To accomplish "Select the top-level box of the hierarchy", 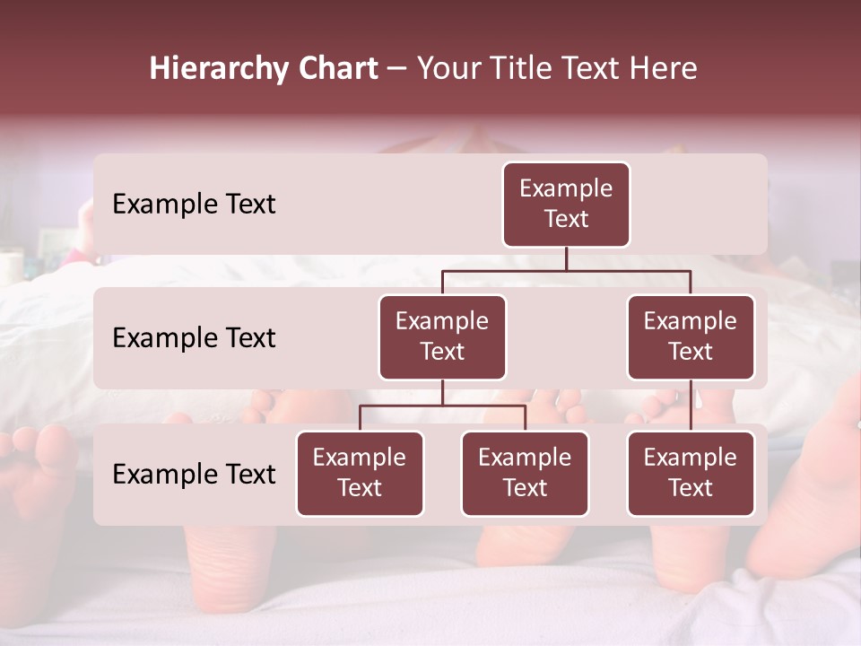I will [x=566, y=204].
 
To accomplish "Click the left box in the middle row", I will [x=442, y=336].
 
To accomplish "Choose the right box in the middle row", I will [x=691, y=336].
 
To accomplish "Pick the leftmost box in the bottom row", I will [x=360, y=473].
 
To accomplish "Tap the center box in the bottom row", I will [x=525, y=473].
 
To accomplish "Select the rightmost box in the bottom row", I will [x=691, y=473].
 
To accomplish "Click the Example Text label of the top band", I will [x=194, y=205].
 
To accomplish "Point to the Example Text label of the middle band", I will [x=194, y=338].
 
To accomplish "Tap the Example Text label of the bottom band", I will [x=194, y=475].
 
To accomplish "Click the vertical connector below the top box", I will [x=566, y=258].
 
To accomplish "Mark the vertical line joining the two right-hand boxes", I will [x=691, y=406].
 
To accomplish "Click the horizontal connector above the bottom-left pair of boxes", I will [x=442, y=406].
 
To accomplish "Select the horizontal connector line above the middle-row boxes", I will [x=566, y=269].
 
